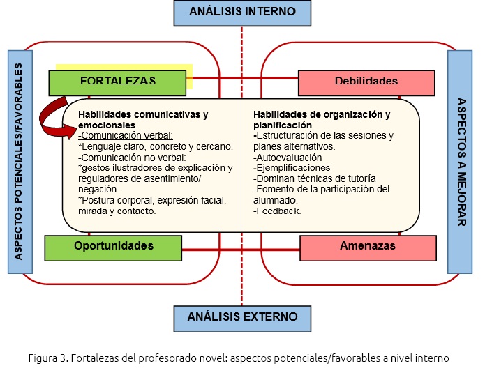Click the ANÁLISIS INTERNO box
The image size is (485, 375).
click(x=241, y=11)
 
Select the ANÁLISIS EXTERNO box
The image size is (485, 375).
click(x=242, y=316)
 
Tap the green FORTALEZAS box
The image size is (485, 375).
click(x=118, y=82)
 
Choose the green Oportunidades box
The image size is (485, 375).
click(x=114, y=246)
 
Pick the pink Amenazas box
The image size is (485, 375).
click(x=368, y=246)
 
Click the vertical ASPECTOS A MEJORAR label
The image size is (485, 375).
click(x=461, y=161)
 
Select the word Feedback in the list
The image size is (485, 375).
click(x=278, y=210)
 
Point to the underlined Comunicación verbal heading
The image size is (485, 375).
click(x=126, y=135)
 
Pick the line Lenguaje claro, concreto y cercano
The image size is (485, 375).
click(x=156, y=146)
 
